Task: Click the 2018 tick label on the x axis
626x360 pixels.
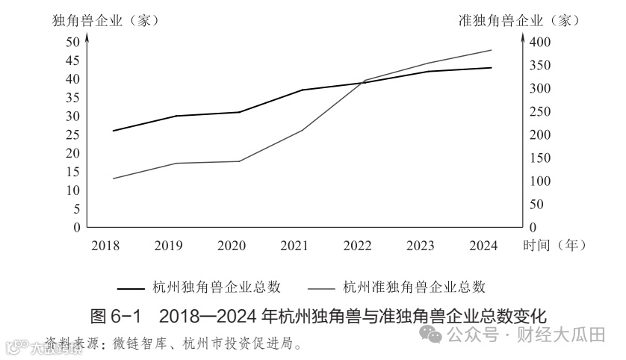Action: (x=105, y=245)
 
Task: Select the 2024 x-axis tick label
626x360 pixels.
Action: (x=483, y=245)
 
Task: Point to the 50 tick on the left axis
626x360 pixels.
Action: (x=72, y=42)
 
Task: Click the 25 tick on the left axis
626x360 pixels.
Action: (x=72, y=134)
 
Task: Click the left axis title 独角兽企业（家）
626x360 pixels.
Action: (x=105, y=20)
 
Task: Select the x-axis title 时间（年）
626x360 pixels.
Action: (x=555, y=245)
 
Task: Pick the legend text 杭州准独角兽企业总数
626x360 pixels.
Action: (x=415, y=287)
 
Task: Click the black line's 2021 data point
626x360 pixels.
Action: (x=303, y=90)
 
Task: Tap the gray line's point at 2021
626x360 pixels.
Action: (x=303, y=130)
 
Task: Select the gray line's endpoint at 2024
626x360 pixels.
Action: (x=492, y=50)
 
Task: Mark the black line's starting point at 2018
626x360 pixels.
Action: (x=113, y=131)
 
